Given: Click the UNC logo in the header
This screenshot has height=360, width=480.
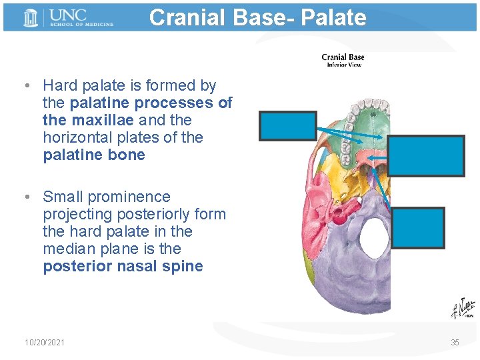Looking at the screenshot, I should pos(67,17).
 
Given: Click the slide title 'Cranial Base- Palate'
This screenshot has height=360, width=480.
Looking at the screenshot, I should pos(257,17).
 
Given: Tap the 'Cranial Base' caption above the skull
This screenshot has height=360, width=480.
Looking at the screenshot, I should pos(343,57).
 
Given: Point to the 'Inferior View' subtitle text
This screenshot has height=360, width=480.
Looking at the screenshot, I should pos(343,65).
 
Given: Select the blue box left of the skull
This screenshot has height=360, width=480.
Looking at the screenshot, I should pos(287,125).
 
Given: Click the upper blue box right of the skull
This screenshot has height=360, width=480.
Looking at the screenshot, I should pos(426,156).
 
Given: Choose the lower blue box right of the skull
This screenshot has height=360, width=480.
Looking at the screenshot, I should pos(418,227).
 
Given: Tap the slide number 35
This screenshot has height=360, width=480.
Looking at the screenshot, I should pos(455,343).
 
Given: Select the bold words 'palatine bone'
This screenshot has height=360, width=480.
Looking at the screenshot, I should pos(93,155).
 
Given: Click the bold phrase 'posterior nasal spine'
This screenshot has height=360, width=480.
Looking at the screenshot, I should pos(123,266).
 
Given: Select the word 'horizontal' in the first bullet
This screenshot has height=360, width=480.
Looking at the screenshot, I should pos(77,137).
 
